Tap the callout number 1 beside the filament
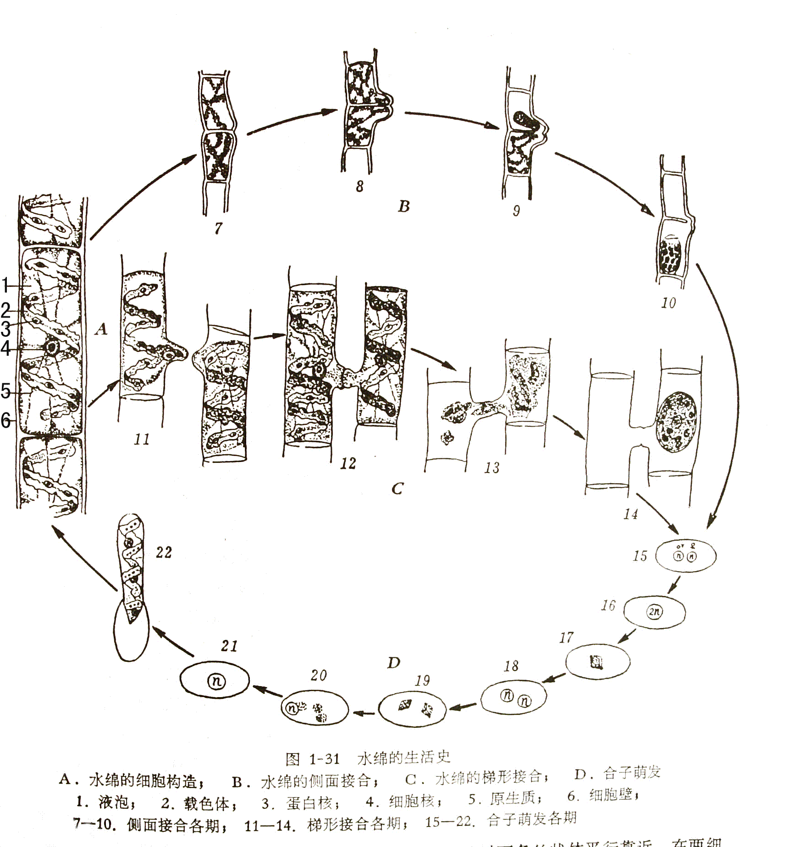tap(6, 285)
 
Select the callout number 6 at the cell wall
tap(6, 419)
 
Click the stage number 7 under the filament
tap(218, 228)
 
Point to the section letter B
tap(404, 207)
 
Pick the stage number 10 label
tap(668, 302)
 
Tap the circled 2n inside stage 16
tap(655, 611)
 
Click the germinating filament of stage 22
tap(131, 568)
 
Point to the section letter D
tap(393, 663)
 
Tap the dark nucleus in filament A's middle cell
tap(51, 347)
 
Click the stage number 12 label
tap(348, 463)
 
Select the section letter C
tap(397, 489)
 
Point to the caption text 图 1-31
tap(312, 759)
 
